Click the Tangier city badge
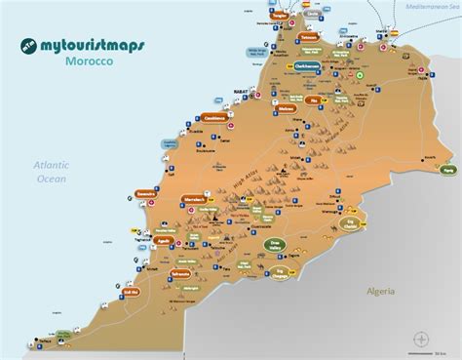[280, 17]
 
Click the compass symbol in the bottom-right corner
[421, 340]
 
